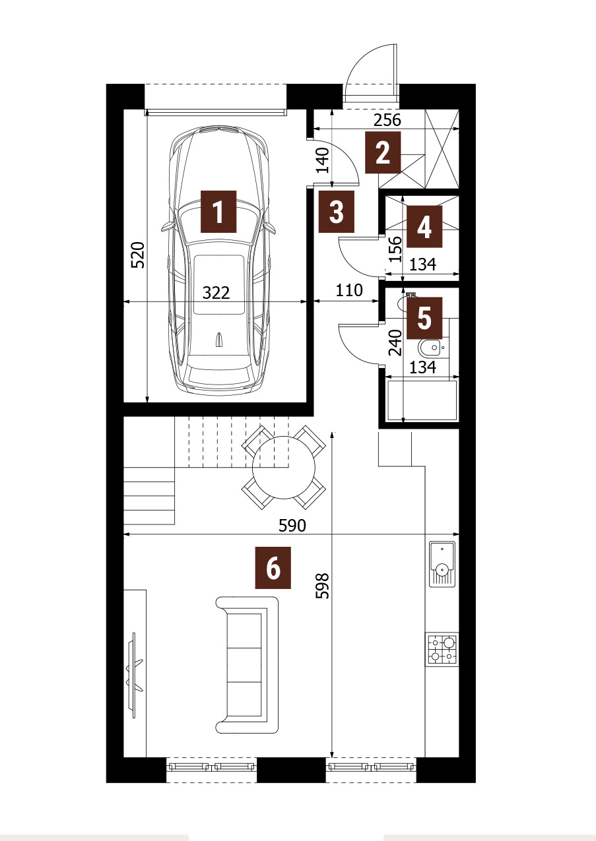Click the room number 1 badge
[x=218, y=211]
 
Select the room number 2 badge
[x=383, y=152]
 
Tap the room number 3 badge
[x=337, y=211]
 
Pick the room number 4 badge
[x=424, y=226]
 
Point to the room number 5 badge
[x=424, y=318]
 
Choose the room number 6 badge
[x=273, y=568]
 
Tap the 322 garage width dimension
[x=216, y=293]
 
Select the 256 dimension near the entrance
[x=387, y=120]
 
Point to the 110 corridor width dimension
[x=349, y=290]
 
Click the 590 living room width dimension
[x=292, y=526]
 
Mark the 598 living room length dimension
[x=323, y=586]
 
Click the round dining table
[x=284, y=468]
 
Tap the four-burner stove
[x=442, y=650]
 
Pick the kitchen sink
[x=442, y=564]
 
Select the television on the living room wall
[x=135, y=675]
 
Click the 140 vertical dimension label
[x=323, y=160]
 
